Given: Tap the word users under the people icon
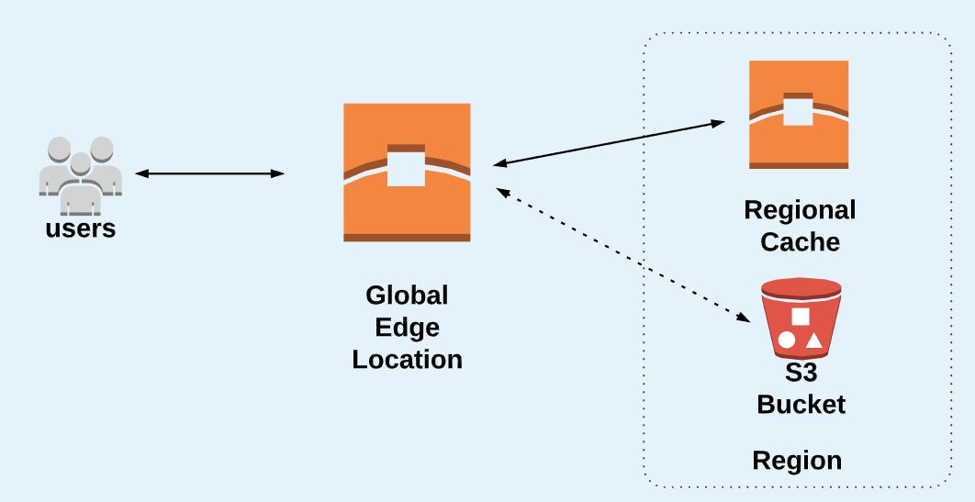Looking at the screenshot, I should tap(81, 229).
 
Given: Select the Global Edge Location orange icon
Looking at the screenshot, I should tap(407, 173).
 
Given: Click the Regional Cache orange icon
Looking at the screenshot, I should tap(798, 115).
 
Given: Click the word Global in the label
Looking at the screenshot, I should tap(407, 296).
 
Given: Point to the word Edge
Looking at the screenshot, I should tap(407, 328).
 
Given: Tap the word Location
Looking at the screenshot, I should tap(407, 359).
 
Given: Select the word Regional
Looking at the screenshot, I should tap(800, 211).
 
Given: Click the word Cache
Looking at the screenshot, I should tap(800, 242).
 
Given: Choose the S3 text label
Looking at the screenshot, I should tap(801, 374).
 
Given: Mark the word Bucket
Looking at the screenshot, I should tap(801, 404).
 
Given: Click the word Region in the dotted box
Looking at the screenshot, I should tap(797, 460).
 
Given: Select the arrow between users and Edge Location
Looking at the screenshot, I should tap(209, 173).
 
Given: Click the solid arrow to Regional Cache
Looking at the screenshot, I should tap(609, 143).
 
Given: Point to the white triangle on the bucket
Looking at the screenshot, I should tap(813, 340).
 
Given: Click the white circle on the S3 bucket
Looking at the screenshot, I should tap(787, 340).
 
